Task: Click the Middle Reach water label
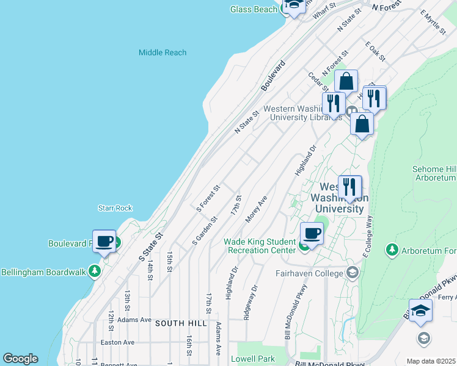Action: (x=162, y=52)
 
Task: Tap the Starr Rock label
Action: (x=115, y=208)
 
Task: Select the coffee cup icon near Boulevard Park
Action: (x=104, y=242)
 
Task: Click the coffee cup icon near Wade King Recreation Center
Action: (x=312, y=234)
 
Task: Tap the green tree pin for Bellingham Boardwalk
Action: (x=94, y=270)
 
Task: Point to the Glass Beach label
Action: (x=254, y=9)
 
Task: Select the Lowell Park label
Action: (x=252, y=359)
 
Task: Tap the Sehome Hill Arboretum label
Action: (x=434, y=173)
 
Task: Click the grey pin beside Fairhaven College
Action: (x=351, y=272)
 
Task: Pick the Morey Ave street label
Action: (x=257, y=209)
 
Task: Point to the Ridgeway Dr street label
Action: (x=250, y=302)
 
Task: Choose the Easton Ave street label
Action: (x=117, y=342)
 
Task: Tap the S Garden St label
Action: (x=205, y=231)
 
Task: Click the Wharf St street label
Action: (x=324, y=13)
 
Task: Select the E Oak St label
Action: (x=375, y=51)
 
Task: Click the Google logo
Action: (x=20, y=359)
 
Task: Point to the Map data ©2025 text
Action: (x=431, y=361)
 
